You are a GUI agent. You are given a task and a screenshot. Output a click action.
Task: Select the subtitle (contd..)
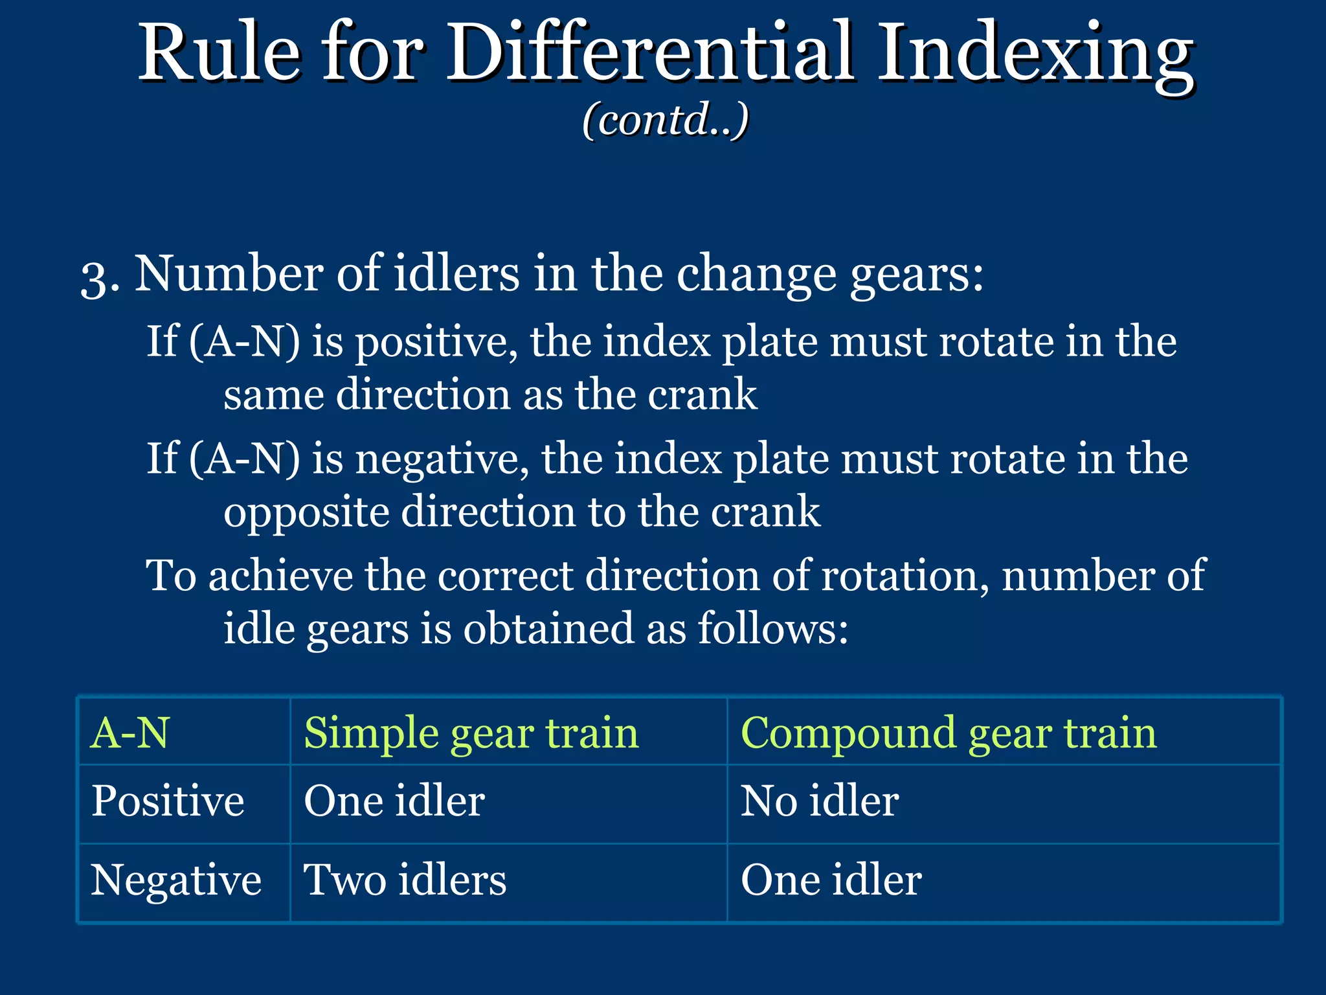point(665,120)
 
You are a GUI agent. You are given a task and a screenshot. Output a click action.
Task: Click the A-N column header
point(130,733)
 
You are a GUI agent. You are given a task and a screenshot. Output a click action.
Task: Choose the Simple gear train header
point(471,733)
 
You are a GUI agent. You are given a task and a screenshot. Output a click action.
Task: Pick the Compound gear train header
point(948,733)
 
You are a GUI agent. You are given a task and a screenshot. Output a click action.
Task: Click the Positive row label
point(168,801)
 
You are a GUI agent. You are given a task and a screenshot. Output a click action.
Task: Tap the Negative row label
point(175,880)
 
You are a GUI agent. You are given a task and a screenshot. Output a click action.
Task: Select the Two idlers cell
point(405,880)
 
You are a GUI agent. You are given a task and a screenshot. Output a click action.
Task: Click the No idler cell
point(819,801)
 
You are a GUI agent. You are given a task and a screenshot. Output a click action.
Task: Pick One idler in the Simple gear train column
point(394,801)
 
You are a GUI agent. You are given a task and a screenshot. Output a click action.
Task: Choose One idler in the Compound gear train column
point(831,880)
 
